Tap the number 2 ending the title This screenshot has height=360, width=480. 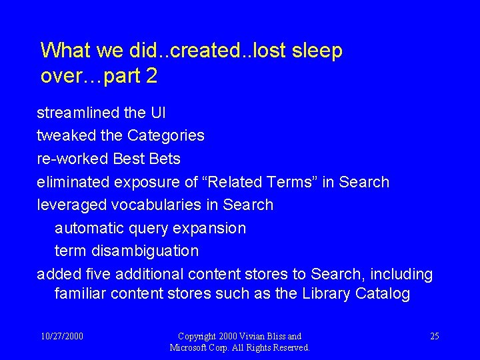pyautogui.click(x=151, y=77)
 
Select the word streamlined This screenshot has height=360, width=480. pyautogui.click(x=78, y=113)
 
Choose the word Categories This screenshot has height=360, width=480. pyautogui.click(x=166, y=136)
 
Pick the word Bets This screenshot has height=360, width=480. pyautogui.click(x=165, y=159)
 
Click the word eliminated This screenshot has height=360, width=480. pyautogui.click(x=73, y=182)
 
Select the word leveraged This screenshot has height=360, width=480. pyautogui.click(x=71, y=205)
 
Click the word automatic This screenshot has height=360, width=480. pyautogui.click(x=89, y=228)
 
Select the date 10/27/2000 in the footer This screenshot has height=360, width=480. pyautogui.click(x=62, y=336)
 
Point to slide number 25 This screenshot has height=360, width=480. pyautogui.click(x=434, y=336)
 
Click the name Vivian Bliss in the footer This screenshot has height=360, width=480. pyautogui.click(x=263, y=336)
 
